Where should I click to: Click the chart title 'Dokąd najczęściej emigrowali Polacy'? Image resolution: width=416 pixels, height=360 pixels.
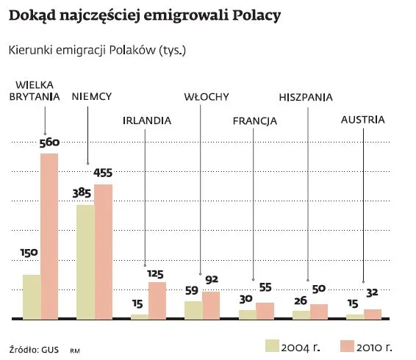point(145,16)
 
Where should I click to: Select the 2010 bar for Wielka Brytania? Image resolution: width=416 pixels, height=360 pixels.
point(49,236)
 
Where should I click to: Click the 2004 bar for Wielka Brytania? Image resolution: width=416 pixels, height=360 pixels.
point(32,296)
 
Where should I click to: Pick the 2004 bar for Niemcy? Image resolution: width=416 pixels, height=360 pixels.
point(85,262)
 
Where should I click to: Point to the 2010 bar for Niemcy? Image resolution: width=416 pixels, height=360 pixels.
point(103,251)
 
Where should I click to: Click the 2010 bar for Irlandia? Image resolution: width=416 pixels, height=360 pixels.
point(157,300)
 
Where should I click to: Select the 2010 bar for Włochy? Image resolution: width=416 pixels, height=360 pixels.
point(211,305)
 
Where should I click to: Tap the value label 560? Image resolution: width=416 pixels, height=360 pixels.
point(49,143)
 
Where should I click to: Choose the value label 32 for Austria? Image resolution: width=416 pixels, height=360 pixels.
point(373,292)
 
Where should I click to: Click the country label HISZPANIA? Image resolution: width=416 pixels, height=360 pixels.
point(306,97)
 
